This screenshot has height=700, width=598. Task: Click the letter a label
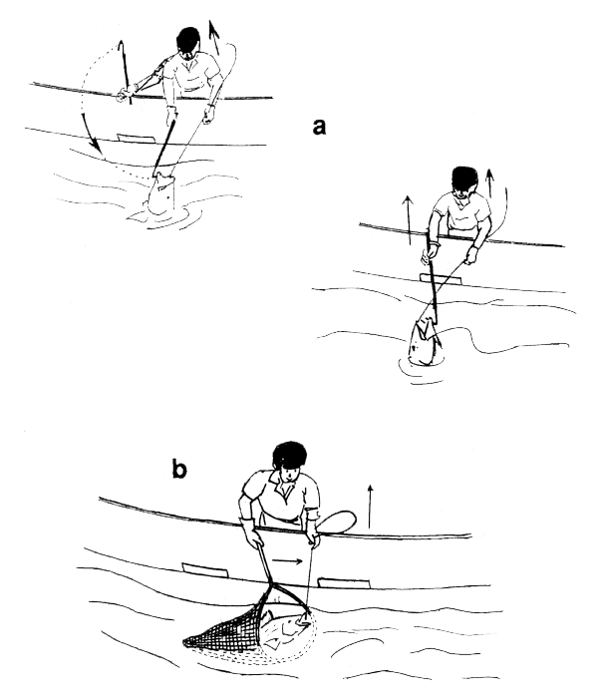coord(321,128)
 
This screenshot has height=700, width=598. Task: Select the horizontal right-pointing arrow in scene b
coord(287,561)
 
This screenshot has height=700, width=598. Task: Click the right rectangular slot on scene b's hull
coord(357,580)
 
